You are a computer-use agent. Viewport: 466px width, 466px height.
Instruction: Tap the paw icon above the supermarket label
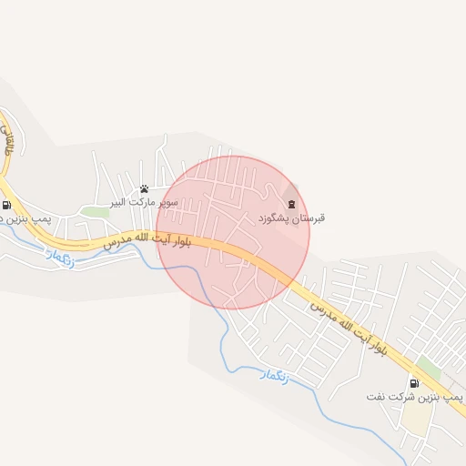(x=144, y=188)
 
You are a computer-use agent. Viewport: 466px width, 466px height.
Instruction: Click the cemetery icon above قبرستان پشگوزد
(x=291, y=203)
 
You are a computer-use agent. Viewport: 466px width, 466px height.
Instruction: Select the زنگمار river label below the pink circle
(x=276, y=373)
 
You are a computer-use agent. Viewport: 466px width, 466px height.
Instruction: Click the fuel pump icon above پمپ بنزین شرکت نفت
(x=415, y=383)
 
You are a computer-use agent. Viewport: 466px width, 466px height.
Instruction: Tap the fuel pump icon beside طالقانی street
(x=7, y=205)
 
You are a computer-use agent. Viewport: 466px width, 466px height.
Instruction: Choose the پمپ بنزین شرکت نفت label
(x=416, y=398)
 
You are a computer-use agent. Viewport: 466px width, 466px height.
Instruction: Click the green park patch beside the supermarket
(x=95, y=212)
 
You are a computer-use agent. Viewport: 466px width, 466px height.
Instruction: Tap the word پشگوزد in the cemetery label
(x=273, y=218)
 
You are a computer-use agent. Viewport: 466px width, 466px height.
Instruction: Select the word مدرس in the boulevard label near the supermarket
(x=114, y=244)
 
